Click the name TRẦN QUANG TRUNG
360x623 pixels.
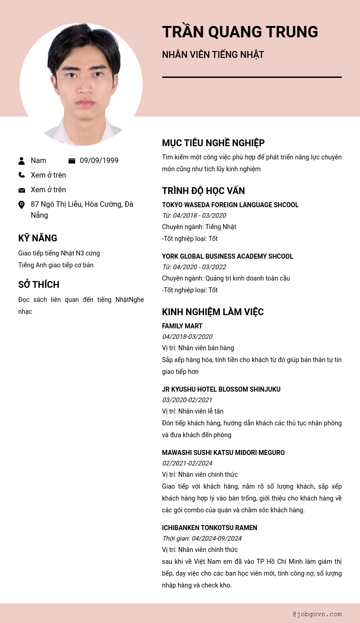(x=240, y=32)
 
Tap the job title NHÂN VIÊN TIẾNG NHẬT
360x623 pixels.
(x=213, y=55)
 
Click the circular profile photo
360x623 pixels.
(x=81, y=84)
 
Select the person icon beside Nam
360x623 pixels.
(x=21, y=161)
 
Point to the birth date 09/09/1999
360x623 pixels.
(x=99, y=161)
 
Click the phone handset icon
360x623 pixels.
(x=21, y=175)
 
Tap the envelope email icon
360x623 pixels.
(x=21, y=190)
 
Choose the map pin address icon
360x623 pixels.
(x=21, y=205)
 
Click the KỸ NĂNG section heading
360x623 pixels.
(x=37, y=238)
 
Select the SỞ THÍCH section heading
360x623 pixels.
(x=39, y=285)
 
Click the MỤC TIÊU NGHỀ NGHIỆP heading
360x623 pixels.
(x=213, y=143)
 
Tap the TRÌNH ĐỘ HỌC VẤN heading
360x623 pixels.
(x=203, y=191)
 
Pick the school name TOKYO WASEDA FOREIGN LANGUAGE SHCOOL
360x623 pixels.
(x=230, y=205)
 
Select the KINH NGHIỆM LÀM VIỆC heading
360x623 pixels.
(x=213, y=312)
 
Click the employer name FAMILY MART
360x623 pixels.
(x=182, y=326)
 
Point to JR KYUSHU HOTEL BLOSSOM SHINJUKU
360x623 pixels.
(x=221, y=389)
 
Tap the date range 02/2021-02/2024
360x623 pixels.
(x=187, y=463)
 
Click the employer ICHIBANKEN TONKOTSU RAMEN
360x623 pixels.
(x=210, y=528)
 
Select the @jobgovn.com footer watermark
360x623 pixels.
(x=317, y=614)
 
